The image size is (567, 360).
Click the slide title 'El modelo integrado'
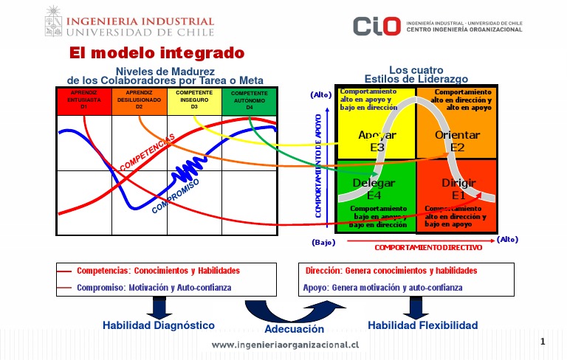coord(157,53)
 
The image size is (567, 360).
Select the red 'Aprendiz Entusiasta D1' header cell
coord(83,100)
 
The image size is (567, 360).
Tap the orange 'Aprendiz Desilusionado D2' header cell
coord(139,100)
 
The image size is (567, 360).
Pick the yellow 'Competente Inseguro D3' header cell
coord(194,100)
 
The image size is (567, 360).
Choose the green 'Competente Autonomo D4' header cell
coord(250,101)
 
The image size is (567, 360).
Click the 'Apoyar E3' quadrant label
coord(377,141)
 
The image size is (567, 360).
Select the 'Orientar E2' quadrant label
coord(457,141)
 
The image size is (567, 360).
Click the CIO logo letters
coord(377,27)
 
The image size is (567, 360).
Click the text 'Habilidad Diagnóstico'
coord(159,325)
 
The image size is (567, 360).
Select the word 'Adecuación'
coord(295,330)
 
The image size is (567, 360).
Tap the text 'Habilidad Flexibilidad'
coord(422,325)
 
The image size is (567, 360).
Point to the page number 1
coord(543,342)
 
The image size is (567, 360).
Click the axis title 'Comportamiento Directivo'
coord(428,248)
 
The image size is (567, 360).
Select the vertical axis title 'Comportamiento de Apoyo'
coord(319,165)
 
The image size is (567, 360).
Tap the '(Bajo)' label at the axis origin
coord(323,242)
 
